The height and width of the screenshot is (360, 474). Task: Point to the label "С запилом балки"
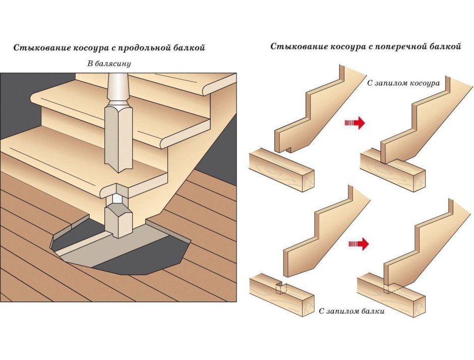click(352, 311)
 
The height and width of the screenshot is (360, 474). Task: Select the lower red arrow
click(359, 245)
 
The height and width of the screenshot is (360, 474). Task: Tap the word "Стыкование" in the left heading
click(39, 49)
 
